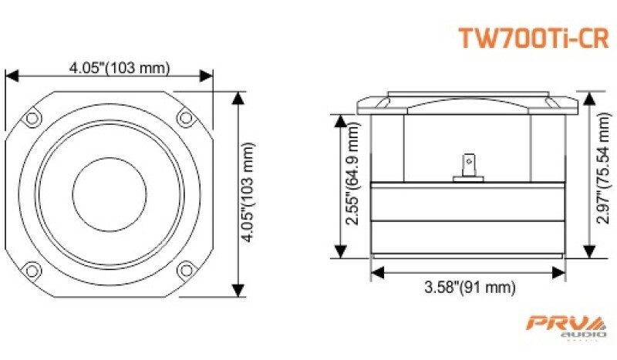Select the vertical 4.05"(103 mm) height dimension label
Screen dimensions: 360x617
(248, 193)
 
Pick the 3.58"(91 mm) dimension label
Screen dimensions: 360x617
(469, 288)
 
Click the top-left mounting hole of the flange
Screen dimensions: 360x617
(32, 118)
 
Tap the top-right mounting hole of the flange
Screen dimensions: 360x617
(185, 118)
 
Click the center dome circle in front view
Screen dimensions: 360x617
(109, 193)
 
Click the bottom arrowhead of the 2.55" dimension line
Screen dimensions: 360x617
(339, 254)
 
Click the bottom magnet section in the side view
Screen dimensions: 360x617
(467, 240)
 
